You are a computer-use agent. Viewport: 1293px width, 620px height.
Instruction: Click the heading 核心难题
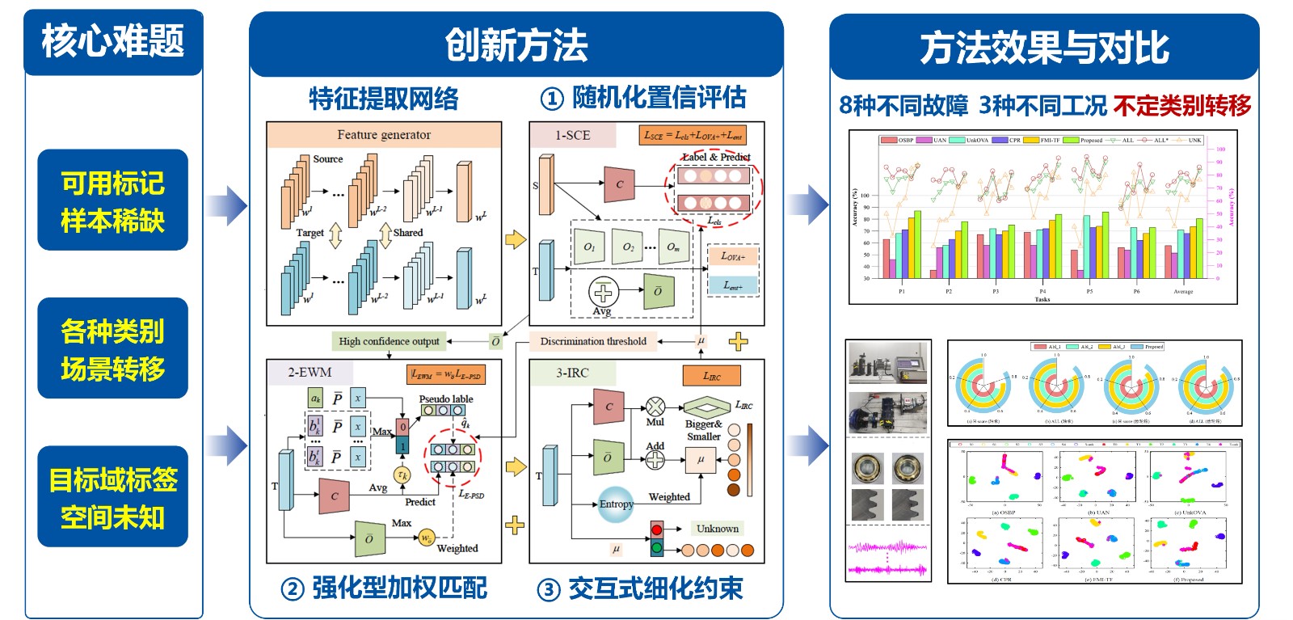[113, 41]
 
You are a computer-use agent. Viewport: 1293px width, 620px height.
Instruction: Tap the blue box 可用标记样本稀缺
[112, 200]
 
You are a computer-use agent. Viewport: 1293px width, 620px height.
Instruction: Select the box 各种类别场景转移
[112, 348]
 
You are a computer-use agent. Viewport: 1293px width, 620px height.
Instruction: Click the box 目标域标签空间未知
[112, 497]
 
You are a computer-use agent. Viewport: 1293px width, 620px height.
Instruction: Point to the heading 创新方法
[516, 45]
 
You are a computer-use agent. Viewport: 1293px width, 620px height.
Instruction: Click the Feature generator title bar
[384, 135]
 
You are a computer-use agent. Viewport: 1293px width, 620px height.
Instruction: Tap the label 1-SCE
[572, 135]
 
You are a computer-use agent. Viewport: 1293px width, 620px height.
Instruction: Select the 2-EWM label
[310, 373]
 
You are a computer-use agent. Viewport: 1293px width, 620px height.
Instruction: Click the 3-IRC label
[572, 373]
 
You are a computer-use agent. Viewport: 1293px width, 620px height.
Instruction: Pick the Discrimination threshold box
[593, 341]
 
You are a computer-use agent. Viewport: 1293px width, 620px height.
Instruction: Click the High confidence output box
[389, 341]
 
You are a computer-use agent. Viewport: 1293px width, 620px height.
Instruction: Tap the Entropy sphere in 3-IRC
[616, 504]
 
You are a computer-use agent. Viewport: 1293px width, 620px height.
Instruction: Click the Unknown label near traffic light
[717, 529]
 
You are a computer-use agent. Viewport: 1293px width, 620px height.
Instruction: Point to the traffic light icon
[657, 539]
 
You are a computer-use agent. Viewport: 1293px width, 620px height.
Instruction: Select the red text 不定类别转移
[1181, 105]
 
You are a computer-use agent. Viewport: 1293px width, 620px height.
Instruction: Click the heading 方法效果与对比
[1044, 48]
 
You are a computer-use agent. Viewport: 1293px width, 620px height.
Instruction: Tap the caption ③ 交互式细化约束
[640, 588]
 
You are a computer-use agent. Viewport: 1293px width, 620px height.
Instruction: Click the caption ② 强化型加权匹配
[384, 588]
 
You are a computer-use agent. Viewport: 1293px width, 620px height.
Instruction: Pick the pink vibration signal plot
[887, 556]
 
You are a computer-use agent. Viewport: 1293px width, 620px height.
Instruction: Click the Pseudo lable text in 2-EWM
[445, 399]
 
